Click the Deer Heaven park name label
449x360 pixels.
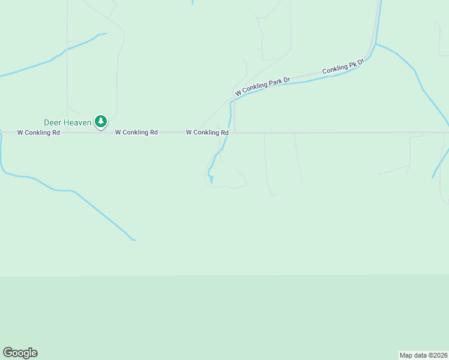(x=68, y=122)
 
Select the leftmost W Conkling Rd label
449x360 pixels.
(x=38, y=132)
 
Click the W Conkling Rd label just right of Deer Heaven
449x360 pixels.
(x=136, y=132)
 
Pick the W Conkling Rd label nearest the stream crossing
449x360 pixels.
(x=207, y=132)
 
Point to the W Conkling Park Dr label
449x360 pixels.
(x=263, y=86)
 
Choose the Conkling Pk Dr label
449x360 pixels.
(x=343, y=66)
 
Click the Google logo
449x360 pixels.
(x=20, y=353)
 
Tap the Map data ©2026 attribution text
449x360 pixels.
(x=423, y=355)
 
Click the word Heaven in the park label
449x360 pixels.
(x=77, y=122)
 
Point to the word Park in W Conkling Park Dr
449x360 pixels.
(x=275, y=82)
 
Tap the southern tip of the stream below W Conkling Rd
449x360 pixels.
(x=211, y=182)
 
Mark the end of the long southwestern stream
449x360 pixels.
(x=134, y=241)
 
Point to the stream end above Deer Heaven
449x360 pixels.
(x=106, y=34)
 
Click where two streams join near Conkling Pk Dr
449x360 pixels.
(x=376, y=44)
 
